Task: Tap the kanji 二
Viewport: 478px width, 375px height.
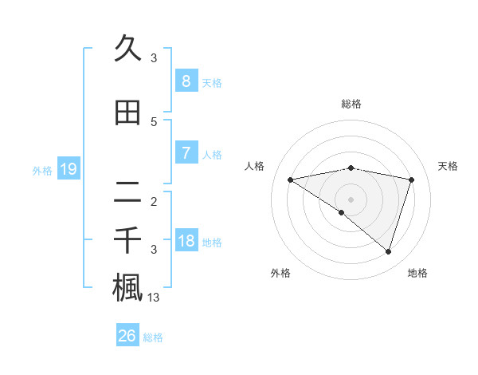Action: [127, 193]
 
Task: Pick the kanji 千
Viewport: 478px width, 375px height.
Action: [127, 239]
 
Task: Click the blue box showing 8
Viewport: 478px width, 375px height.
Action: [186, 81]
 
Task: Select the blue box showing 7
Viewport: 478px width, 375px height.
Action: [186, 153]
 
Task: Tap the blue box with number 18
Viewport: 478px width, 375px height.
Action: [186, 241]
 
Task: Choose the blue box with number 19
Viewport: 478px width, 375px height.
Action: [68, 169]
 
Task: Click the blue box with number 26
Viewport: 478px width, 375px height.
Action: [127, 336]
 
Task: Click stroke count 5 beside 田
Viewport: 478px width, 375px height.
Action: [154, 122]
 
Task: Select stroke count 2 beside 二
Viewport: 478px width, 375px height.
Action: [154, 201]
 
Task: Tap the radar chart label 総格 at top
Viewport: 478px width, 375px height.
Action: [351, 104]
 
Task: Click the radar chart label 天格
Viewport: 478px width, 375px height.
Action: [449, 166]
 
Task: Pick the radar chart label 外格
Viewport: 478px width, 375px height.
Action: [280, 273]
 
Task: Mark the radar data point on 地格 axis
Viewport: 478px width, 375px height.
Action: [388, 252]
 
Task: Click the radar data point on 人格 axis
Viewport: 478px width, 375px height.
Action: [291, 180]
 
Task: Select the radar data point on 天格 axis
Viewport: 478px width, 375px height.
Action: [411, 180]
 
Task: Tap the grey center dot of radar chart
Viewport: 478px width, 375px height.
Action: [351, 199]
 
